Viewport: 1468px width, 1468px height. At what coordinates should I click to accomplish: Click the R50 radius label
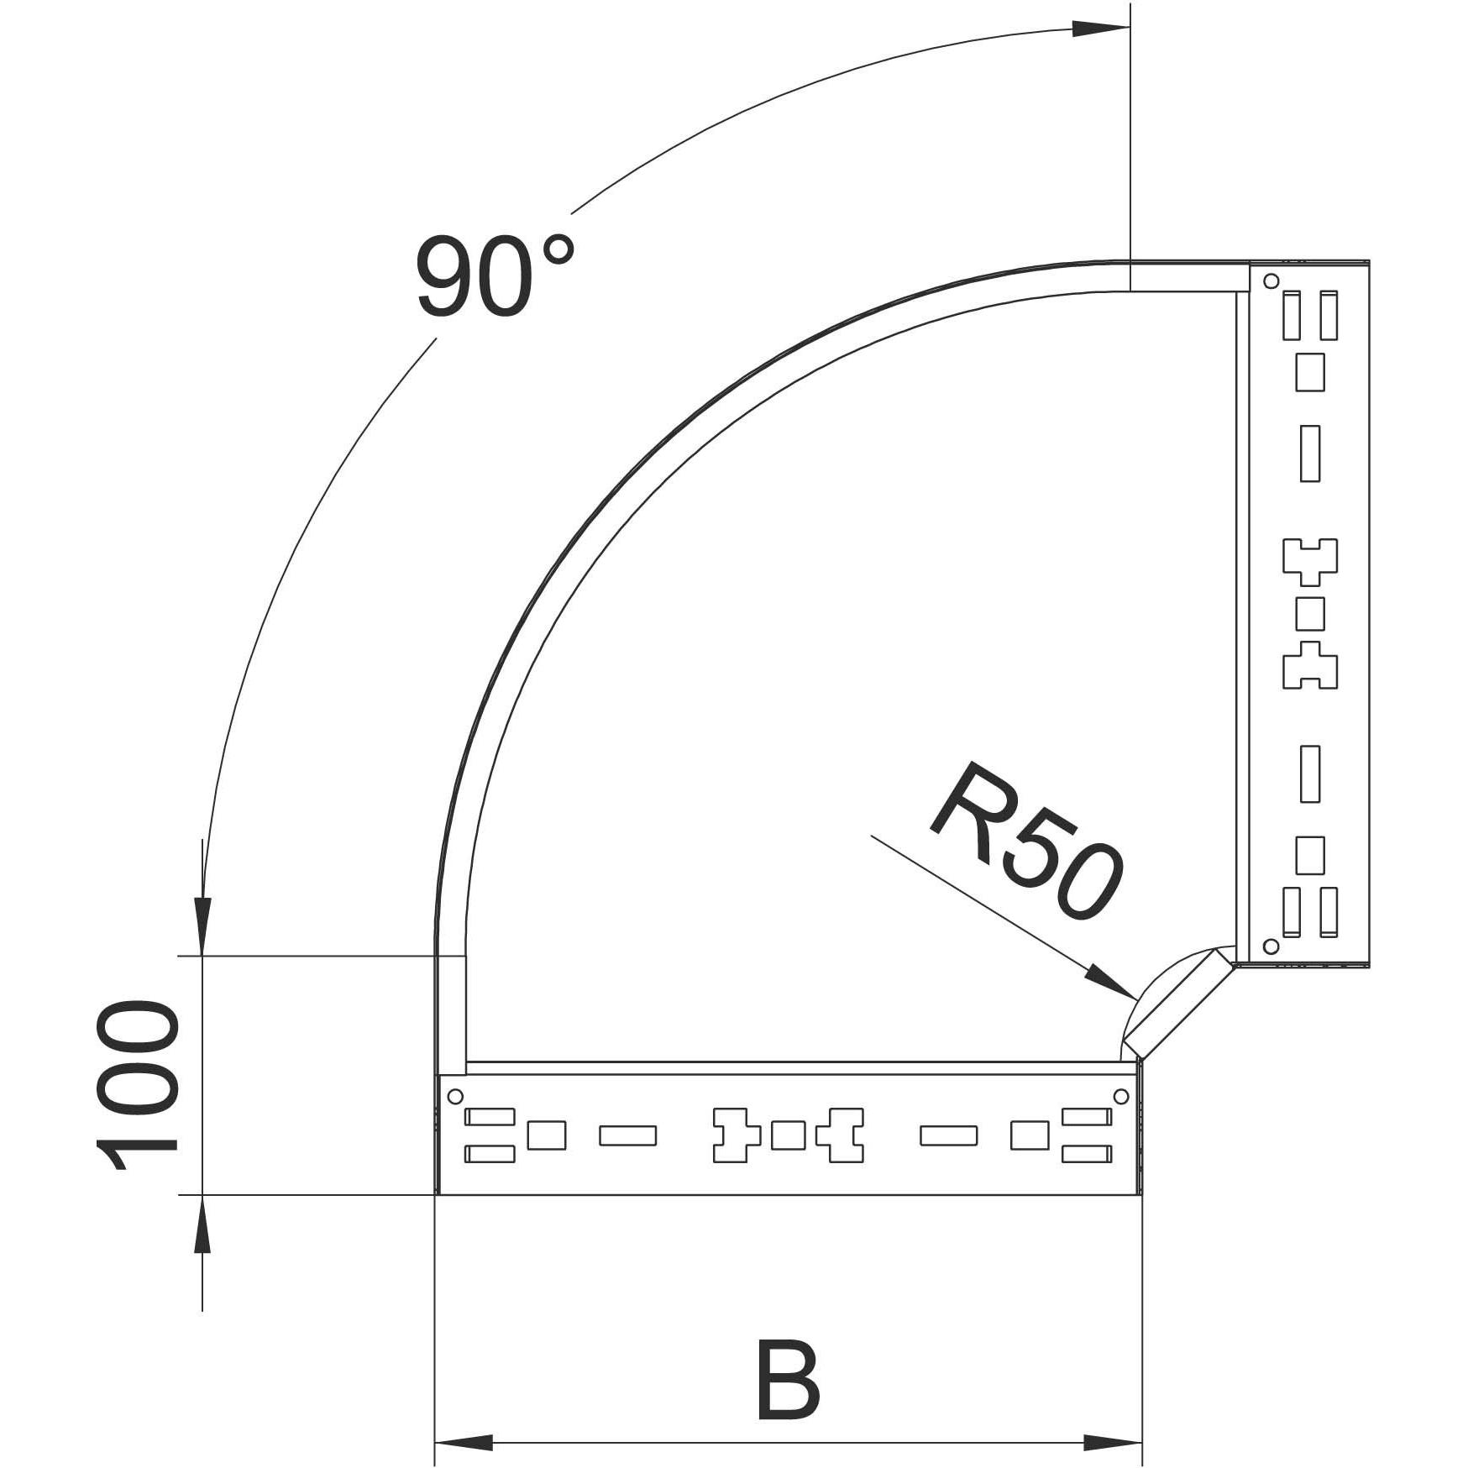(1026, 839)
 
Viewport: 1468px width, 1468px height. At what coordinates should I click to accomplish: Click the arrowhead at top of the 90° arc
(1100, 29)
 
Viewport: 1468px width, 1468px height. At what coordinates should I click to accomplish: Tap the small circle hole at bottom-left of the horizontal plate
(455, 1096)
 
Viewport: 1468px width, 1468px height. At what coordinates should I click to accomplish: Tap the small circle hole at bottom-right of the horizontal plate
(1121, 1096)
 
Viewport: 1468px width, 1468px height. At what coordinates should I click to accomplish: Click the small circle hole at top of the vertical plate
(1271, 280)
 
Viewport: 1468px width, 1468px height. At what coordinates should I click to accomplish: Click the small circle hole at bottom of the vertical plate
(1271, 946)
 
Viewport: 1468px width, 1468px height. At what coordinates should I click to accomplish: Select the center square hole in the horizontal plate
(788, 1135)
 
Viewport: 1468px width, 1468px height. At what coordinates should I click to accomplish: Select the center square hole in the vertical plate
(1310, 614)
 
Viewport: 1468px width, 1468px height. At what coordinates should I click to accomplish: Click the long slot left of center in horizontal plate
(627, 1135)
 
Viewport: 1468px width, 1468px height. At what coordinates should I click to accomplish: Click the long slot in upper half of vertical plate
(1310, 454)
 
